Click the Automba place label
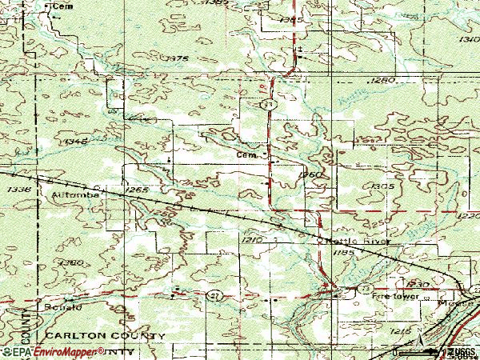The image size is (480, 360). click(74, 194)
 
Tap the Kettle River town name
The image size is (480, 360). click(358, 240)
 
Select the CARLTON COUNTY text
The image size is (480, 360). click(105, 334)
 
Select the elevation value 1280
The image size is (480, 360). click(384, 81)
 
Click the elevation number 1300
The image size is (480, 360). click(71, 262)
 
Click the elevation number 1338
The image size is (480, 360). click(21, 190)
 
